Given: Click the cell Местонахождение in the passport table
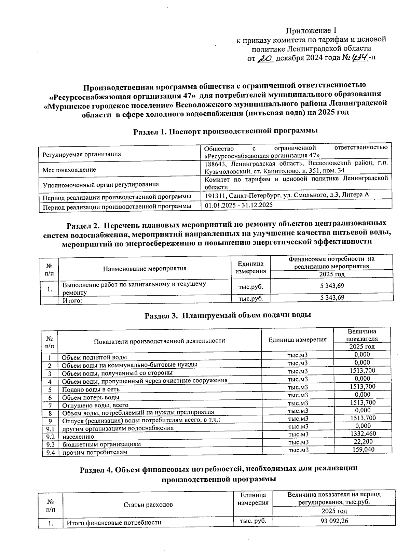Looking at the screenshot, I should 69,170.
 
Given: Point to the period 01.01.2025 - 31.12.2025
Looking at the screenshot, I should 238,205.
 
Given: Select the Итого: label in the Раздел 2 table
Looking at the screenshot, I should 72,301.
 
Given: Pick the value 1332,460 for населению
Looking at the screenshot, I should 363,434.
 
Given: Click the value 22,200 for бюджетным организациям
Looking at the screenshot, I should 363,442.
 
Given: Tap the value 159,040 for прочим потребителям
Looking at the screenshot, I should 363,450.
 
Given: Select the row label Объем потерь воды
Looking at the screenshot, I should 91,397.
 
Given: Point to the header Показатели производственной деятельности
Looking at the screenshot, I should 159,341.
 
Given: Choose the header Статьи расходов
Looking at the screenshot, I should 148,505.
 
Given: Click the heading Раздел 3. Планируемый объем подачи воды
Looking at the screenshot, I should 228,315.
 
